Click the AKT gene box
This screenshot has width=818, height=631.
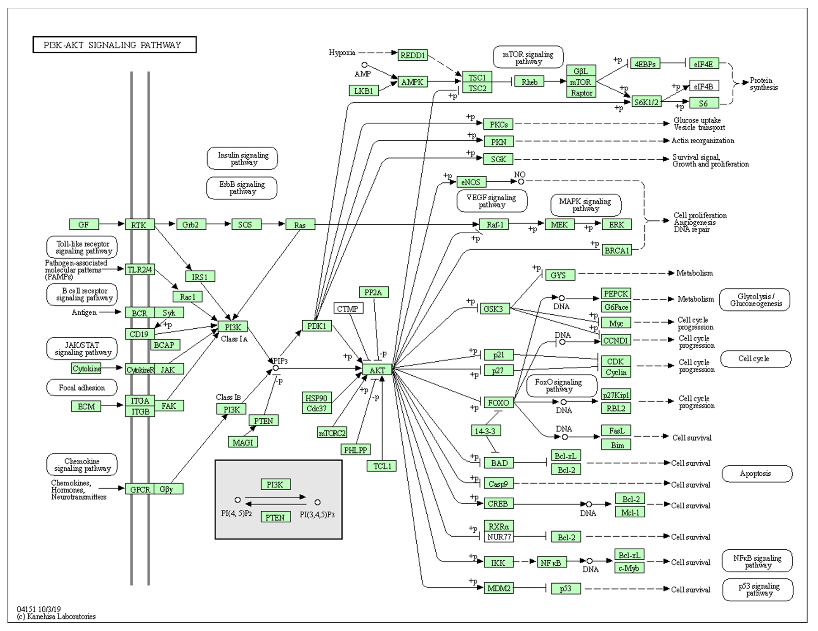[377, 370]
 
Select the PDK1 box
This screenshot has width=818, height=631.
[317, 326]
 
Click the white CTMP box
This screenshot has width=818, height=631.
[348, 308]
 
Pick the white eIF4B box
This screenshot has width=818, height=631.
[704, 86]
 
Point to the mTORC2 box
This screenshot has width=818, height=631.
[332, 433]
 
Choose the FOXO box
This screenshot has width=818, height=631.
[499, 402]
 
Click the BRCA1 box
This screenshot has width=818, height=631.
[617, 250]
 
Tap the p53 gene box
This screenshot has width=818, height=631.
[566, 588]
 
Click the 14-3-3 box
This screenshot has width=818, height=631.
[486, 431]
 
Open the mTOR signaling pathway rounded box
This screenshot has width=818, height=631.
[528, 57]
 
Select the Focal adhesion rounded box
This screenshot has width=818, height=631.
[82, 387]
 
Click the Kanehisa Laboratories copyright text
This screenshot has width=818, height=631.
[56, 616]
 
